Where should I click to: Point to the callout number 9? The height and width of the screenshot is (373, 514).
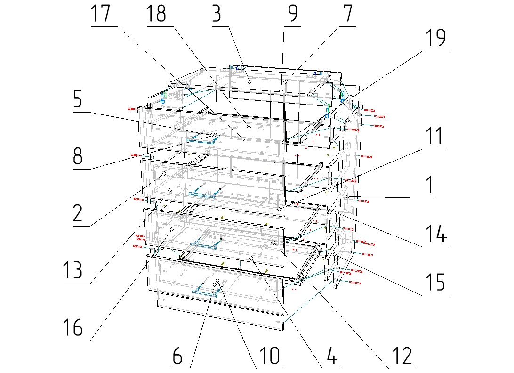[293, 14]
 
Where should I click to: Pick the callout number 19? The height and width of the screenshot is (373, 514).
[436, 38]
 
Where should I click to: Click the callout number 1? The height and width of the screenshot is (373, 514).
[429, 185]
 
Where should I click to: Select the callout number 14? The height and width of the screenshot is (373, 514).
[436, 234]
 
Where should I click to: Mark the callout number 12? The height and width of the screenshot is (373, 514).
[402, 356]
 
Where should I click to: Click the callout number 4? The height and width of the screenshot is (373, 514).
[332, 356]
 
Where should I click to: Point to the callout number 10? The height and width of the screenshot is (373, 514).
[269, 356]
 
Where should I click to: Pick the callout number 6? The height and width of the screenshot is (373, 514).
[177, 356]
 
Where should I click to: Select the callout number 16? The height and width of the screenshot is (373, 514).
[73, 327]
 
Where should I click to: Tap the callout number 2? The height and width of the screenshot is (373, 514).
[78, 213]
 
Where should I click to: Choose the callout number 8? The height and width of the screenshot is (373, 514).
[78, 156]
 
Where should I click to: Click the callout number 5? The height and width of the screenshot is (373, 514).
[78, 99]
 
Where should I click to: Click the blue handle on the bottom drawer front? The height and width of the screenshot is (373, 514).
[205, 292]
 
